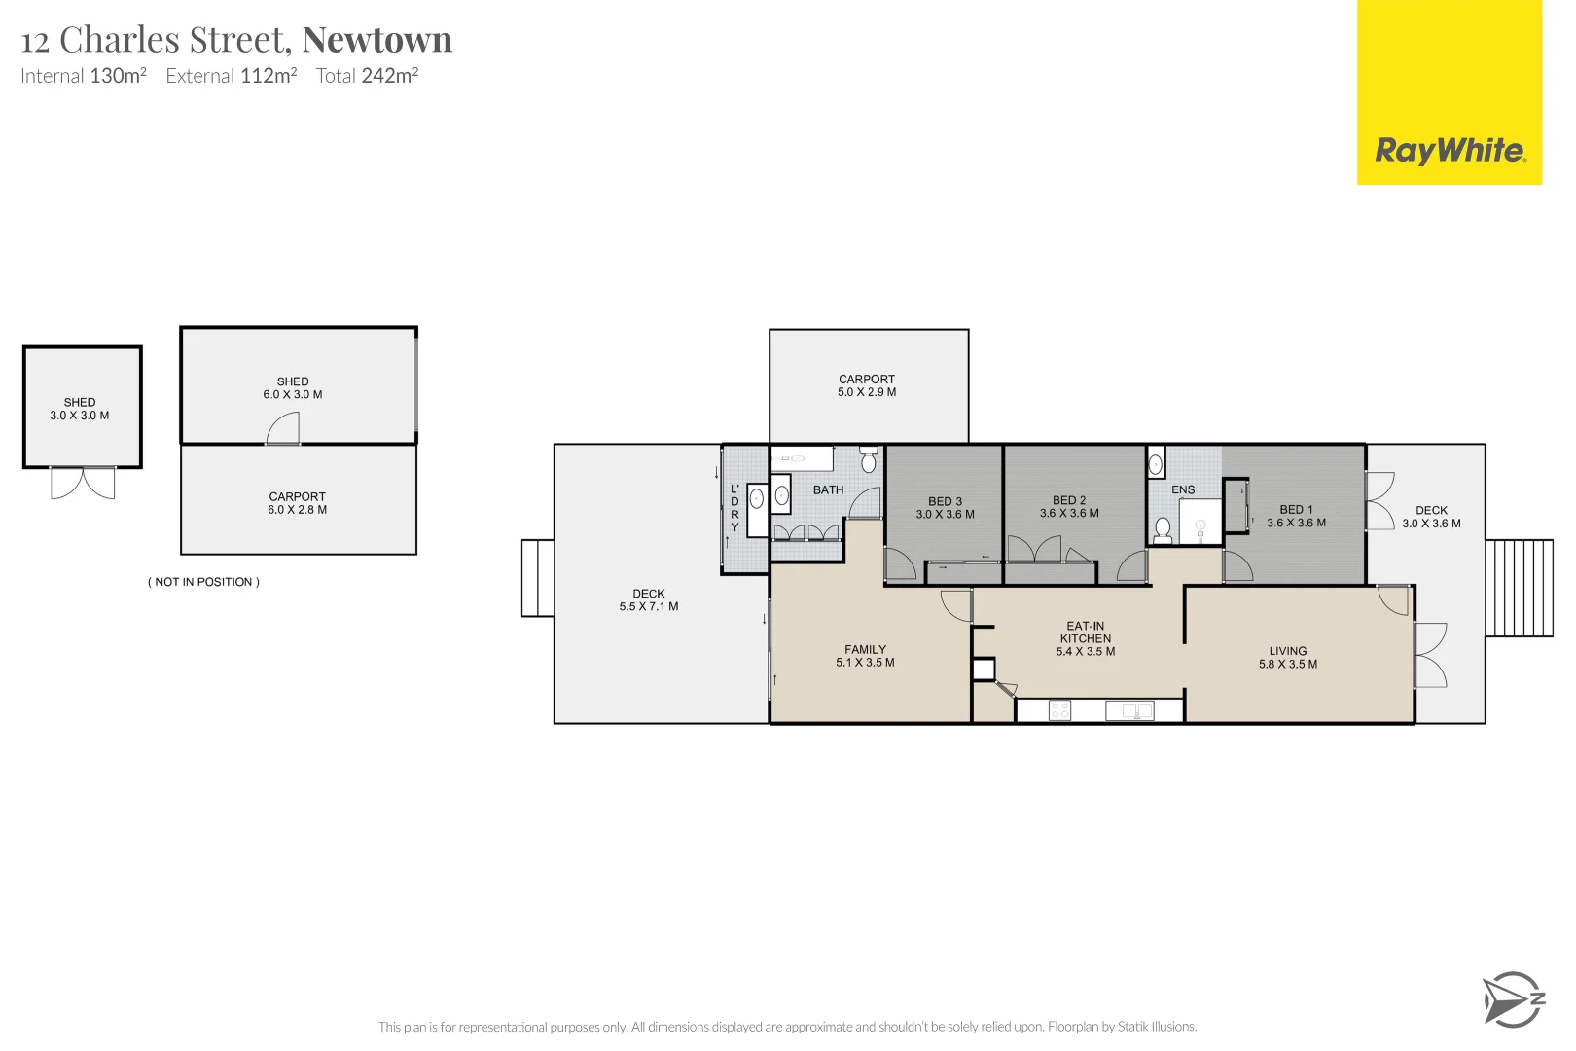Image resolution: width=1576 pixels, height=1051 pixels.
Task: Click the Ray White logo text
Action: coord(1450,151)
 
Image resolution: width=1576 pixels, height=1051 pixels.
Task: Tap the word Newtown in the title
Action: coord(377,40)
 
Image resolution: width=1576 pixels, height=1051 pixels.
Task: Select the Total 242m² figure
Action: coord(367,76)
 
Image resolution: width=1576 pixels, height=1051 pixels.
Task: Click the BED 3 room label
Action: coord(945,501)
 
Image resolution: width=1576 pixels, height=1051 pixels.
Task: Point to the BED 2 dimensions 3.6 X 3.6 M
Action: coord(1069,514)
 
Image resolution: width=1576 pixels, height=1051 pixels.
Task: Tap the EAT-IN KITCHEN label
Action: coord(1086,633)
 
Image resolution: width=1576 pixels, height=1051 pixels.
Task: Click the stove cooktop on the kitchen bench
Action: coord(1059,711)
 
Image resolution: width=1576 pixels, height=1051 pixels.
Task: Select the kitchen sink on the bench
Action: coord(1130,711)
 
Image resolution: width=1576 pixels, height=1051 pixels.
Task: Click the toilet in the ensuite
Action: coord(1163,529)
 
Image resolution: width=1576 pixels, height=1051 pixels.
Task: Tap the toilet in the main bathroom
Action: coord(869,458)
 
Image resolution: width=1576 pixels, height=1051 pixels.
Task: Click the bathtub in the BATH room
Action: coord(802,458)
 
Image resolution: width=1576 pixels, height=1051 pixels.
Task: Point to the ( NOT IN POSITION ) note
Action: coord(203,582)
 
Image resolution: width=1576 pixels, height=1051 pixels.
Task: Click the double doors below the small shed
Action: coord(83,483)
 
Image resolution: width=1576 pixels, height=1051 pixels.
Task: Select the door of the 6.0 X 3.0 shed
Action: coord(283,429)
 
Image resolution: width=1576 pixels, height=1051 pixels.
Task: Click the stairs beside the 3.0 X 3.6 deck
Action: coord(1519,588)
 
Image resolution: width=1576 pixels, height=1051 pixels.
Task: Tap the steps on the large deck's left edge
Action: coord(537,578)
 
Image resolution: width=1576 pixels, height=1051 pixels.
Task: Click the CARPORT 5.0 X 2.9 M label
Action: coord(867,385)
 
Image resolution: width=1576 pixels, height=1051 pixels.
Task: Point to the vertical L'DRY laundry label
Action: coord(735,507)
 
